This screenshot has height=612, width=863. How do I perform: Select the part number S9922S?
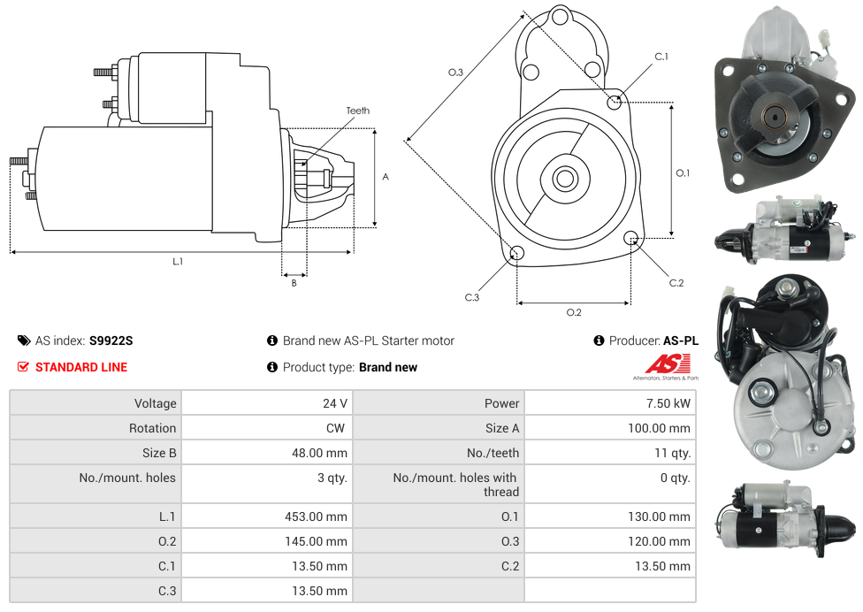(x=111, y=340)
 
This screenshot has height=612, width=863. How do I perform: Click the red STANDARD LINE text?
(x=81, y=367)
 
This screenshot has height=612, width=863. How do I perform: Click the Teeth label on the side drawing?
(x=358, y=111)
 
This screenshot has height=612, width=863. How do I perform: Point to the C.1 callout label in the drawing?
(x=661, y=57)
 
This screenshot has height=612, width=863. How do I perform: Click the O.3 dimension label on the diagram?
(x=455, y=73)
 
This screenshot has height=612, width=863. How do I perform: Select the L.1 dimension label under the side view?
(x=178, y=261)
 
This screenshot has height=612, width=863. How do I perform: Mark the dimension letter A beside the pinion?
(x=386, y=177)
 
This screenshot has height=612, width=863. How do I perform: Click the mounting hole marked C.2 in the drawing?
(x=631, y=238)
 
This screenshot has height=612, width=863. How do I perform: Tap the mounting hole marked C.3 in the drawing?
(x=517, y=255)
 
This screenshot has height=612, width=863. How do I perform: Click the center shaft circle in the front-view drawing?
(x=564, y=179)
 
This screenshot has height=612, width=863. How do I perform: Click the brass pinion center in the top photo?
(x=775, y=115)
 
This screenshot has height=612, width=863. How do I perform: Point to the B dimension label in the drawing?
(x=294, y=283)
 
